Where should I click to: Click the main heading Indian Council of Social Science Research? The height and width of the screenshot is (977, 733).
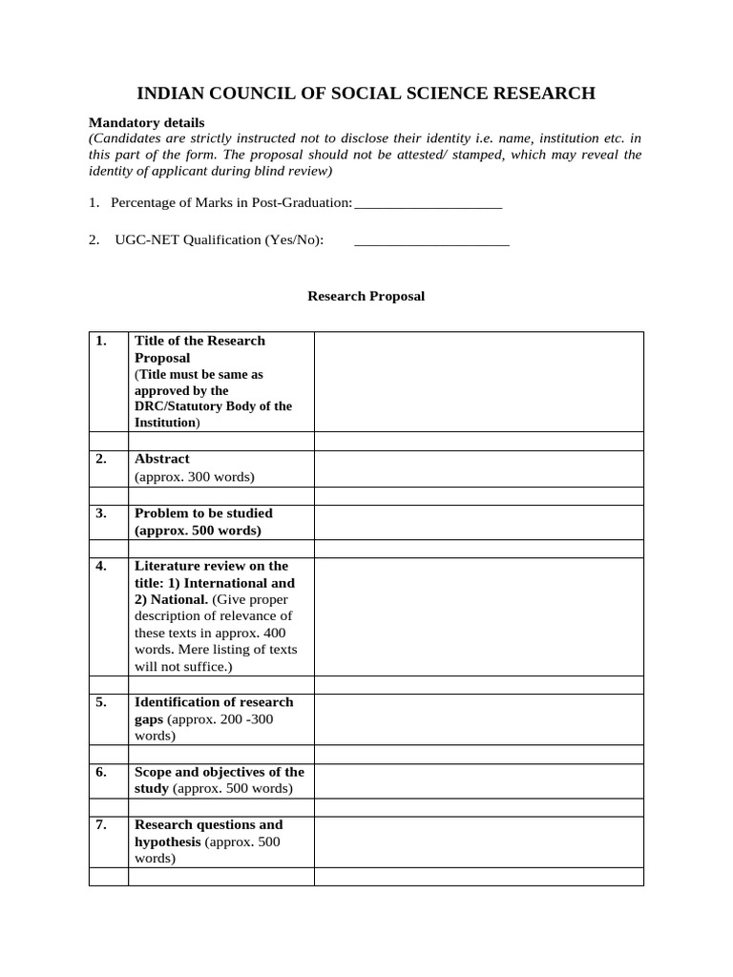(x=366, y=93)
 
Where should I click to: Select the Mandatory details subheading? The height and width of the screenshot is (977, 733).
(x=146, y=122)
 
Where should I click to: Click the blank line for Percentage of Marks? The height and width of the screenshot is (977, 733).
(x=428, y=204)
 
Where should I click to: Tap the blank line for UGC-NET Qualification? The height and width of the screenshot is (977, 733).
(x=431, y=241)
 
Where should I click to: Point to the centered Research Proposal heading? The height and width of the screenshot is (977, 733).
(x=366, y=296)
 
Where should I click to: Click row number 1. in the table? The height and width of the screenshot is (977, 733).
(x=101, y=341)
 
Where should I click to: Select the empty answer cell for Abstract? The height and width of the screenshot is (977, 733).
(x=478, y=468)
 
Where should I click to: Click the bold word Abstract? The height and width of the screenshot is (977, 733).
(x=161, y=459)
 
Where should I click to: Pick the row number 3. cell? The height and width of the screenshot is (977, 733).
(x=101, y=513)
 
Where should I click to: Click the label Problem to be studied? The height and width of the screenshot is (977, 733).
(x=203, y=513)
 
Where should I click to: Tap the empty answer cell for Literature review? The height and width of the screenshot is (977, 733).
(x=478, y=616)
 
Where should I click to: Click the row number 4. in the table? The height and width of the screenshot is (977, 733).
(x=101, y=566)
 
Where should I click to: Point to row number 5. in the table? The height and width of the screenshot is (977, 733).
(x=101, y=702)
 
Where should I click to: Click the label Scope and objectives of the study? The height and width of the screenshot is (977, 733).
(x=220, y=780)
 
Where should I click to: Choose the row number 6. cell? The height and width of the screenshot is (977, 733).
(x=101, y=772)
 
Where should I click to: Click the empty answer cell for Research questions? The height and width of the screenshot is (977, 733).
(x=478, y=842)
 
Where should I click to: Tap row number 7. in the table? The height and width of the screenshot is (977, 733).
(x=101, y=824)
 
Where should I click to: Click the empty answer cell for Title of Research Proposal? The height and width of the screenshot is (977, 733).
(x=478, y=381)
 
